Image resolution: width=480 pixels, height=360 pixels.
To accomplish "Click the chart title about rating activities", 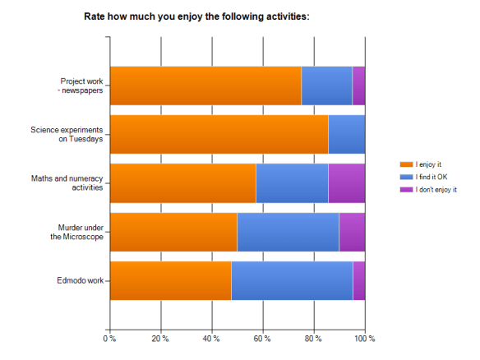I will click(x=197, y=16).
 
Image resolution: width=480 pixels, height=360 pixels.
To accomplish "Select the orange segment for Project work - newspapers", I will click(x=205, y=85).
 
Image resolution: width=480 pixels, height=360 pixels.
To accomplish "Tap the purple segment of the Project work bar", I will click(x=358, y=85).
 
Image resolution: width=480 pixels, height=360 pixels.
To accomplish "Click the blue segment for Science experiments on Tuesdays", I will click(x=346, y=134).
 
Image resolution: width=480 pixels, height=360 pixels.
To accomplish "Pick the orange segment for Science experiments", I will click(x=219, y=134).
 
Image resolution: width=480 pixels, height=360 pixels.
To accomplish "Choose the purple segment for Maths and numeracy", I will click(x=346, y=182).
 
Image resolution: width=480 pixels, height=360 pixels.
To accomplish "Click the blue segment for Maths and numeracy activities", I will click(x=292, y=182).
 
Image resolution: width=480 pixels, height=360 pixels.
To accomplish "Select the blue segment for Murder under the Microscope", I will click(x=288, y=232).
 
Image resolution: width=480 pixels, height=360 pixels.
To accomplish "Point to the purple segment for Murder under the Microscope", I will click(x=352, y=232).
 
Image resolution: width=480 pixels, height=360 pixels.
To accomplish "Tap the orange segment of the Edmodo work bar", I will click(x=170, y=280).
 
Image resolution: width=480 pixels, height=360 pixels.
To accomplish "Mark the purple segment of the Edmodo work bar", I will click(x=358, y=280).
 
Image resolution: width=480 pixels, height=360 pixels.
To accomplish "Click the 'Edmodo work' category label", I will click(x=81, y=281).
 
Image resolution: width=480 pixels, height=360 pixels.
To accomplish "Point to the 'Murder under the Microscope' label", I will click(x=80, y=232).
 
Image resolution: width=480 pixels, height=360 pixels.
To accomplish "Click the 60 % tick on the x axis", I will click(x=263, y=339).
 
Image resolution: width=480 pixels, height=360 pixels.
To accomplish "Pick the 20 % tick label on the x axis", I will click(x=160, y=339).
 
